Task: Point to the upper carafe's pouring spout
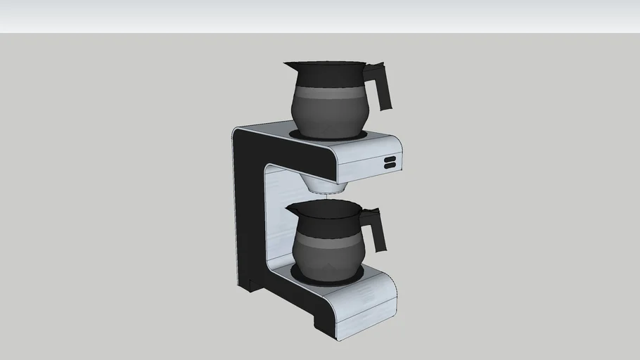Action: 288,66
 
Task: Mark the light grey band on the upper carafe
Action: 327,93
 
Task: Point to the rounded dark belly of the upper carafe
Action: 327,116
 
